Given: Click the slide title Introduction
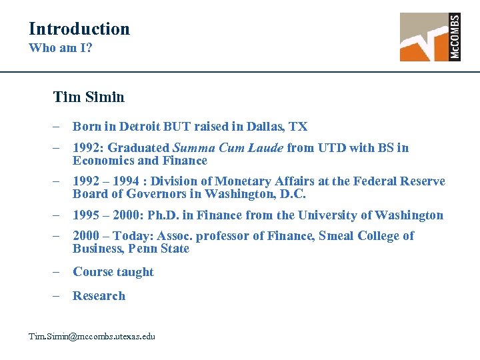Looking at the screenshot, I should click(79, 29).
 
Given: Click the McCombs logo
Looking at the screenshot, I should click(430, 37).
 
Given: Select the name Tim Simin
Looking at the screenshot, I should click(89, 97).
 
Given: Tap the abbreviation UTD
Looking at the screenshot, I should click(332, 148).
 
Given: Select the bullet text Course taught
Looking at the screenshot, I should click(113, 272).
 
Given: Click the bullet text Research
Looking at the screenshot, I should click(99, 296).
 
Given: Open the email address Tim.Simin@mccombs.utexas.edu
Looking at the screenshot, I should click(91, 337).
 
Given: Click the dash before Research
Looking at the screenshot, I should click(59, 296).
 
